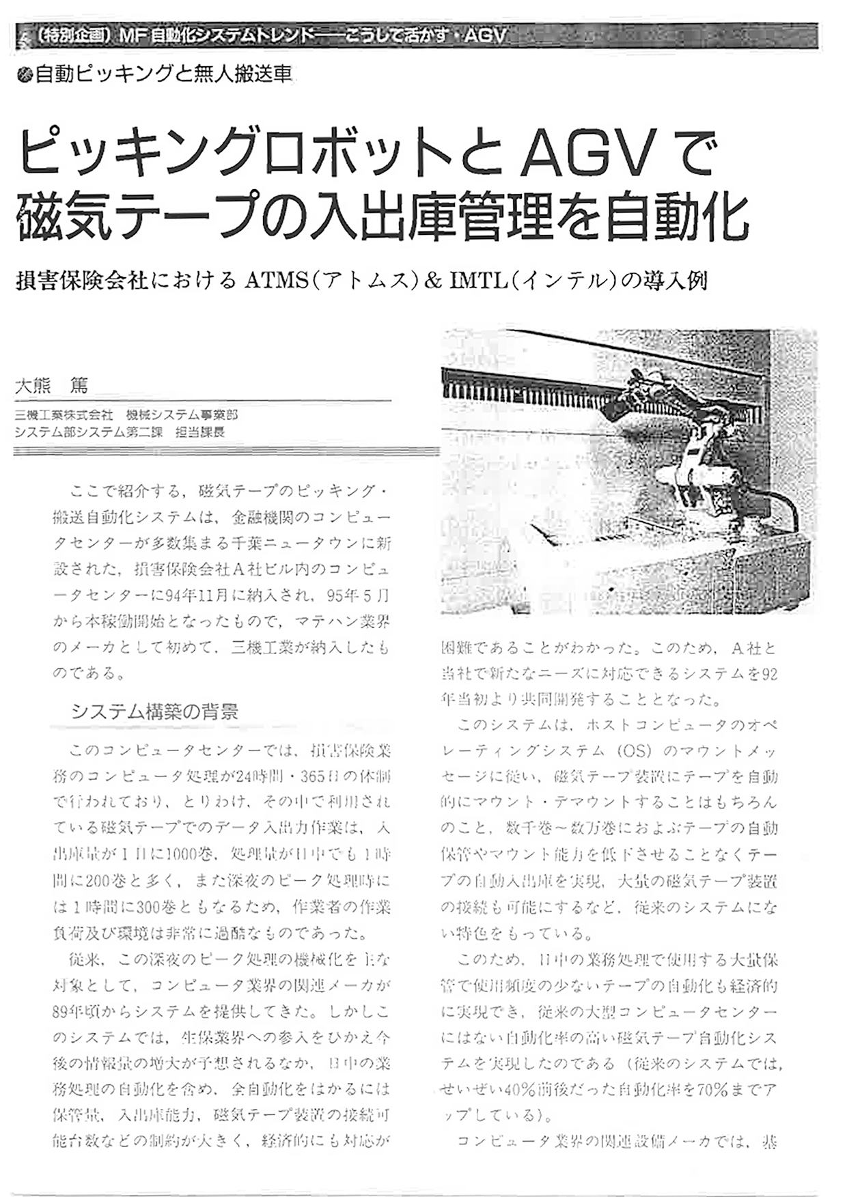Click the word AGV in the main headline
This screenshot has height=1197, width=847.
coord(586,154)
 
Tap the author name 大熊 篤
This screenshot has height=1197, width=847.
coord(52,386)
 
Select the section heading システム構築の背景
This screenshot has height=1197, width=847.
coord(155,712)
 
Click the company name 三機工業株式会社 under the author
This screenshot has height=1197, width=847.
coord(64,415)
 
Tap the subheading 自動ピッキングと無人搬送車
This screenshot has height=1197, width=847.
coord(163,74)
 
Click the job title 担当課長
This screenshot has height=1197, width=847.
coord(199,432)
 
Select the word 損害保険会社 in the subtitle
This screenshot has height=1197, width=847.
coord(81,281)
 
